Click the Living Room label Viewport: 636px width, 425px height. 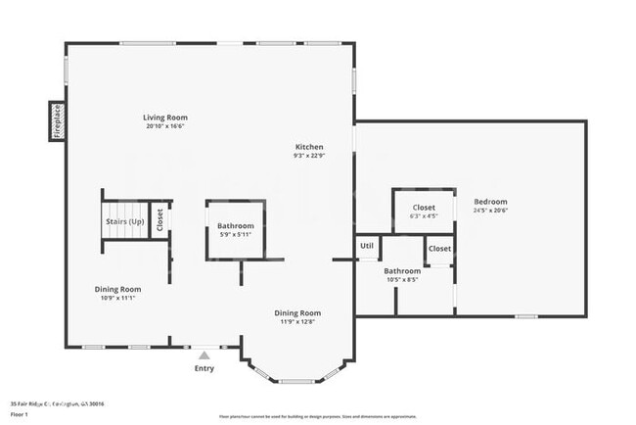coord(164,118)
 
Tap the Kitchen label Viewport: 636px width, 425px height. coord(308,147)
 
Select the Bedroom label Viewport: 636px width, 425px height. coord(490,201)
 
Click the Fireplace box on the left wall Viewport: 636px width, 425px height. coord(57,120)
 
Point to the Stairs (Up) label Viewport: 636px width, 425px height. coord(124,221)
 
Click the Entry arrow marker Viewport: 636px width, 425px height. coord(204,355)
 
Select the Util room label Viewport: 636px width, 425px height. coord(367,246)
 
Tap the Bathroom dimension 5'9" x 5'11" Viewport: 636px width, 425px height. coord(235,234)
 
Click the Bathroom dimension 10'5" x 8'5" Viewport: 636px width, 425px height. coord(401,279)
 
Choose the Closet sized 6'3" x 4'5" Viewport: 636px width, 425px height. coord(424,215)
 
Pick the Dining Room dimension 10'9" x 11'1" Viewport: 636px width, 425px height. coord(117,298)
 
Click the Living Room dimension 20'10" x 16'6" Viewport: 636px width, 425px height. coord(164,126)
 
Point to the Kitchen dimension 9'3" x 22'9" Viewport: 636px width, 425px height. coord(308,156)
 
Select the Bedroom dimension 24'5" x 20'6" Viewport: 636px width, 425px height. coord(490,210)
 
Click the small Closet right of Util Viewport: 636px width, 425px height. coord(439,249)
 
